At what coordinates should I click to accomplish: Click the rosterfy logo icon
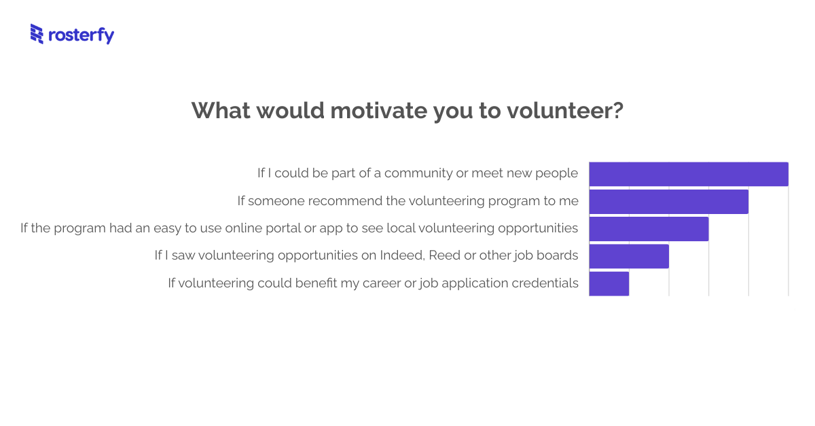(37, 34)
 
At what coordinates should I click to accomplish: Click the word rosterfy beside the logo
(81, 35)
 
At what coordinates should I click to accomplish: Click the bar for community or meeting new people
(688, 174)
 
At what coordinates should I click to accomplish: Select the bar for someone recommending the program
(668, 202)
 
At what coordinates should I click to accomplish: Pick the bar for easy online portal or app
(649, 229)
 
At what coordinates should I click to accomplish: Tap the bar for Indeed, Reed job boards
(629, 256)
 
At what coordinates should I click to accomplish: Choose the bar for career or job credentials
(609, 283)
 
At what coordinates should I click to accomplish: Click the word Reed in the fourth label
(443, 255)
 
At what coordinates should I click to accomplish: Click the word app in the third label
(331, 229)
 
